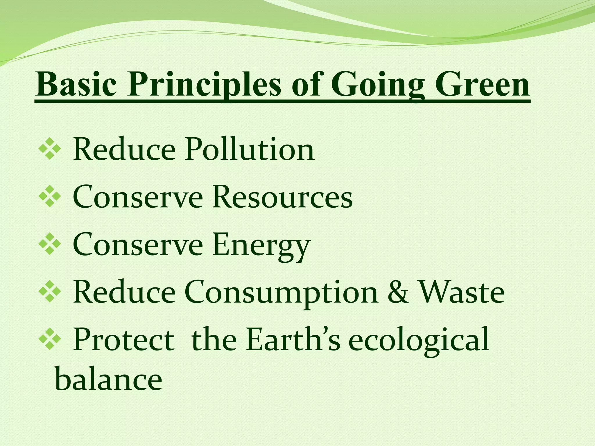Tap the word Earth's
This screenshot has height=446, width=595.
[293, 340]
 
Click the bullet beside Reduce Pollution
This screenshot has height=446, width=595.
[50, 150]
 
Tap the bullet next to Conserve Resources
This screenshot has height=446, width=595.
[50, 197]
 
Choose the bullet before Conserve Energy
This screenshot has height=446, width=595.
[50, 244]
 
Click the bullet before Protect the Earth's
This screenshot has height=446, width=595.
[50, 339]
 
